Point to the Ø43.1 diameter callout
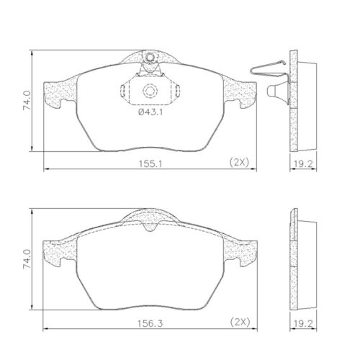point(150,112)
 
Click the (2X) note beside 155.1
point(238,162)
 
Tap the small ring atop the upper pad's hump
point(149,59)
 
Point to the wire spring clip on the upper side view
point(268,69)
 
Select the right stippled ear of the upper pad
point(242,92)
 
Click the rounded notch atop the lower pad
point(150,226)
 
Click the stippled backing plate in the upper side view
point(293,101)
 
